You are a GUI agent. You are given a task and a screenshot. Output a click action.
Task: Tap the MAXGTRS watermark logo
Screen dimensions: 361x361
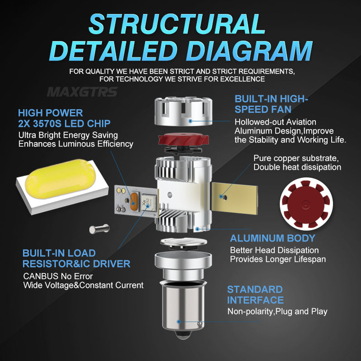[82, 92]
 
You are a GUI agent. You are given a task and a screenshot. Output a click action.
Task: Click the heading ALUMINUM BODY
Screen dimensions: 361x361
[272, 238]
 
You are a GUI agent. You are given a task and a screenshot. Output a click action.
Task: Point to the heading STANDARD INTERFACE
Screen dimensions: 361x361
[255, 294]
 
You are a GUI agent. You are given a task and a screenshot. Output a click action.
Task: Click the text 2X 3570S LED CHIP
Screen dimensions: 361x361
[64, 123]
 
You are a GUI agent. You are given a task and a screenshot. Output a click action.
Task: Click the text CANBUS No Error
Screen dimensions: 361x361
[57, 276]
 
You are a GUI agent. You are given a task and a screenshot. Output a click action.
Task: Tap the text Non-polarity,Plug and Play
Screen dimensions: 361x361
[277, 311]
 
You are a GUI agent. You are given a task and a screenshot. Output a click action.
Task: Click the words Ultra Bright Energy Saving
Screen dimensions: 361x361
[68, 135]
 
